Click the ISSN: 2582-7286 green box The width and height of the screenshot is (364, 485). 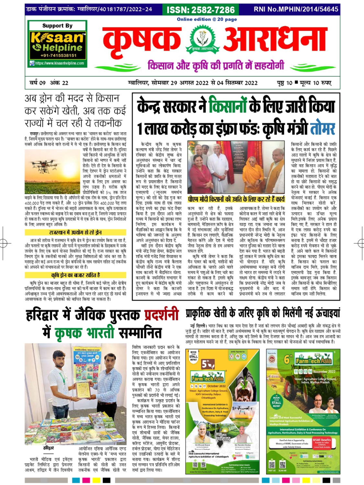[201, 10]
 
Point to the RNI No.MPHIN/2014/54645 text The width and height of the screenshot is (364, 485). [296, 9]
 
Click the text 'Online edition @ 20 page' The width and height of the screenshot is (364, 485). [207, 19]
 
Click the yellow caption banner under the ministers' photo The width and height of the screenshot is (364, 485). [236, 199]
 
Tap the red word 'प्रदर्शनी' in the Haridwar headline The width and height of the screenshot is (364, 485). [161, 315]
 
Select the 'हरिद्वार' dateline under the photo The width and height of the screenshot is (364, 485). [49, 448]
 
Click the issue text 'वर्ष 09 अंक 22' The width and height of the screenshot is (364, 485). [49, 83]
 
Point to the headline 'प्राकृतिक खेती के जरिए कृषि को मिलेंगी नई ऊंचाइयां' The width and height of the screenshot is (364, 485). [263, 313]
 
